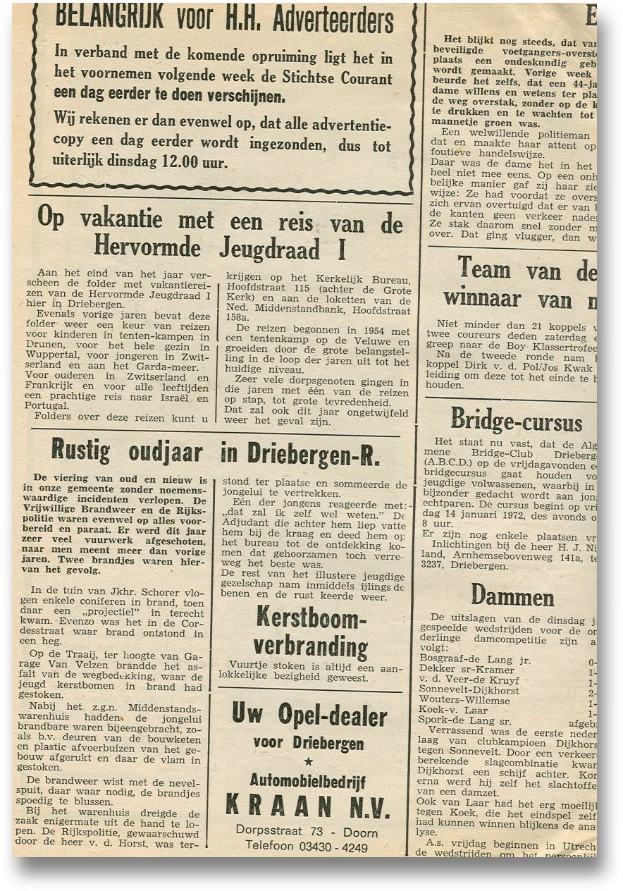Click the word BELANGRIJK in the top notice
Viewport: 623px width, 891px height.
(x=111, y=17)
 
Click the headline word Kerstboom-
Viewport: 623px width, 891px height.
(x=311, y=618)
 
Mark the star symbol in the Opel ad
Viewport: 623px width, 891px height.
(x=308, y=762)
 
